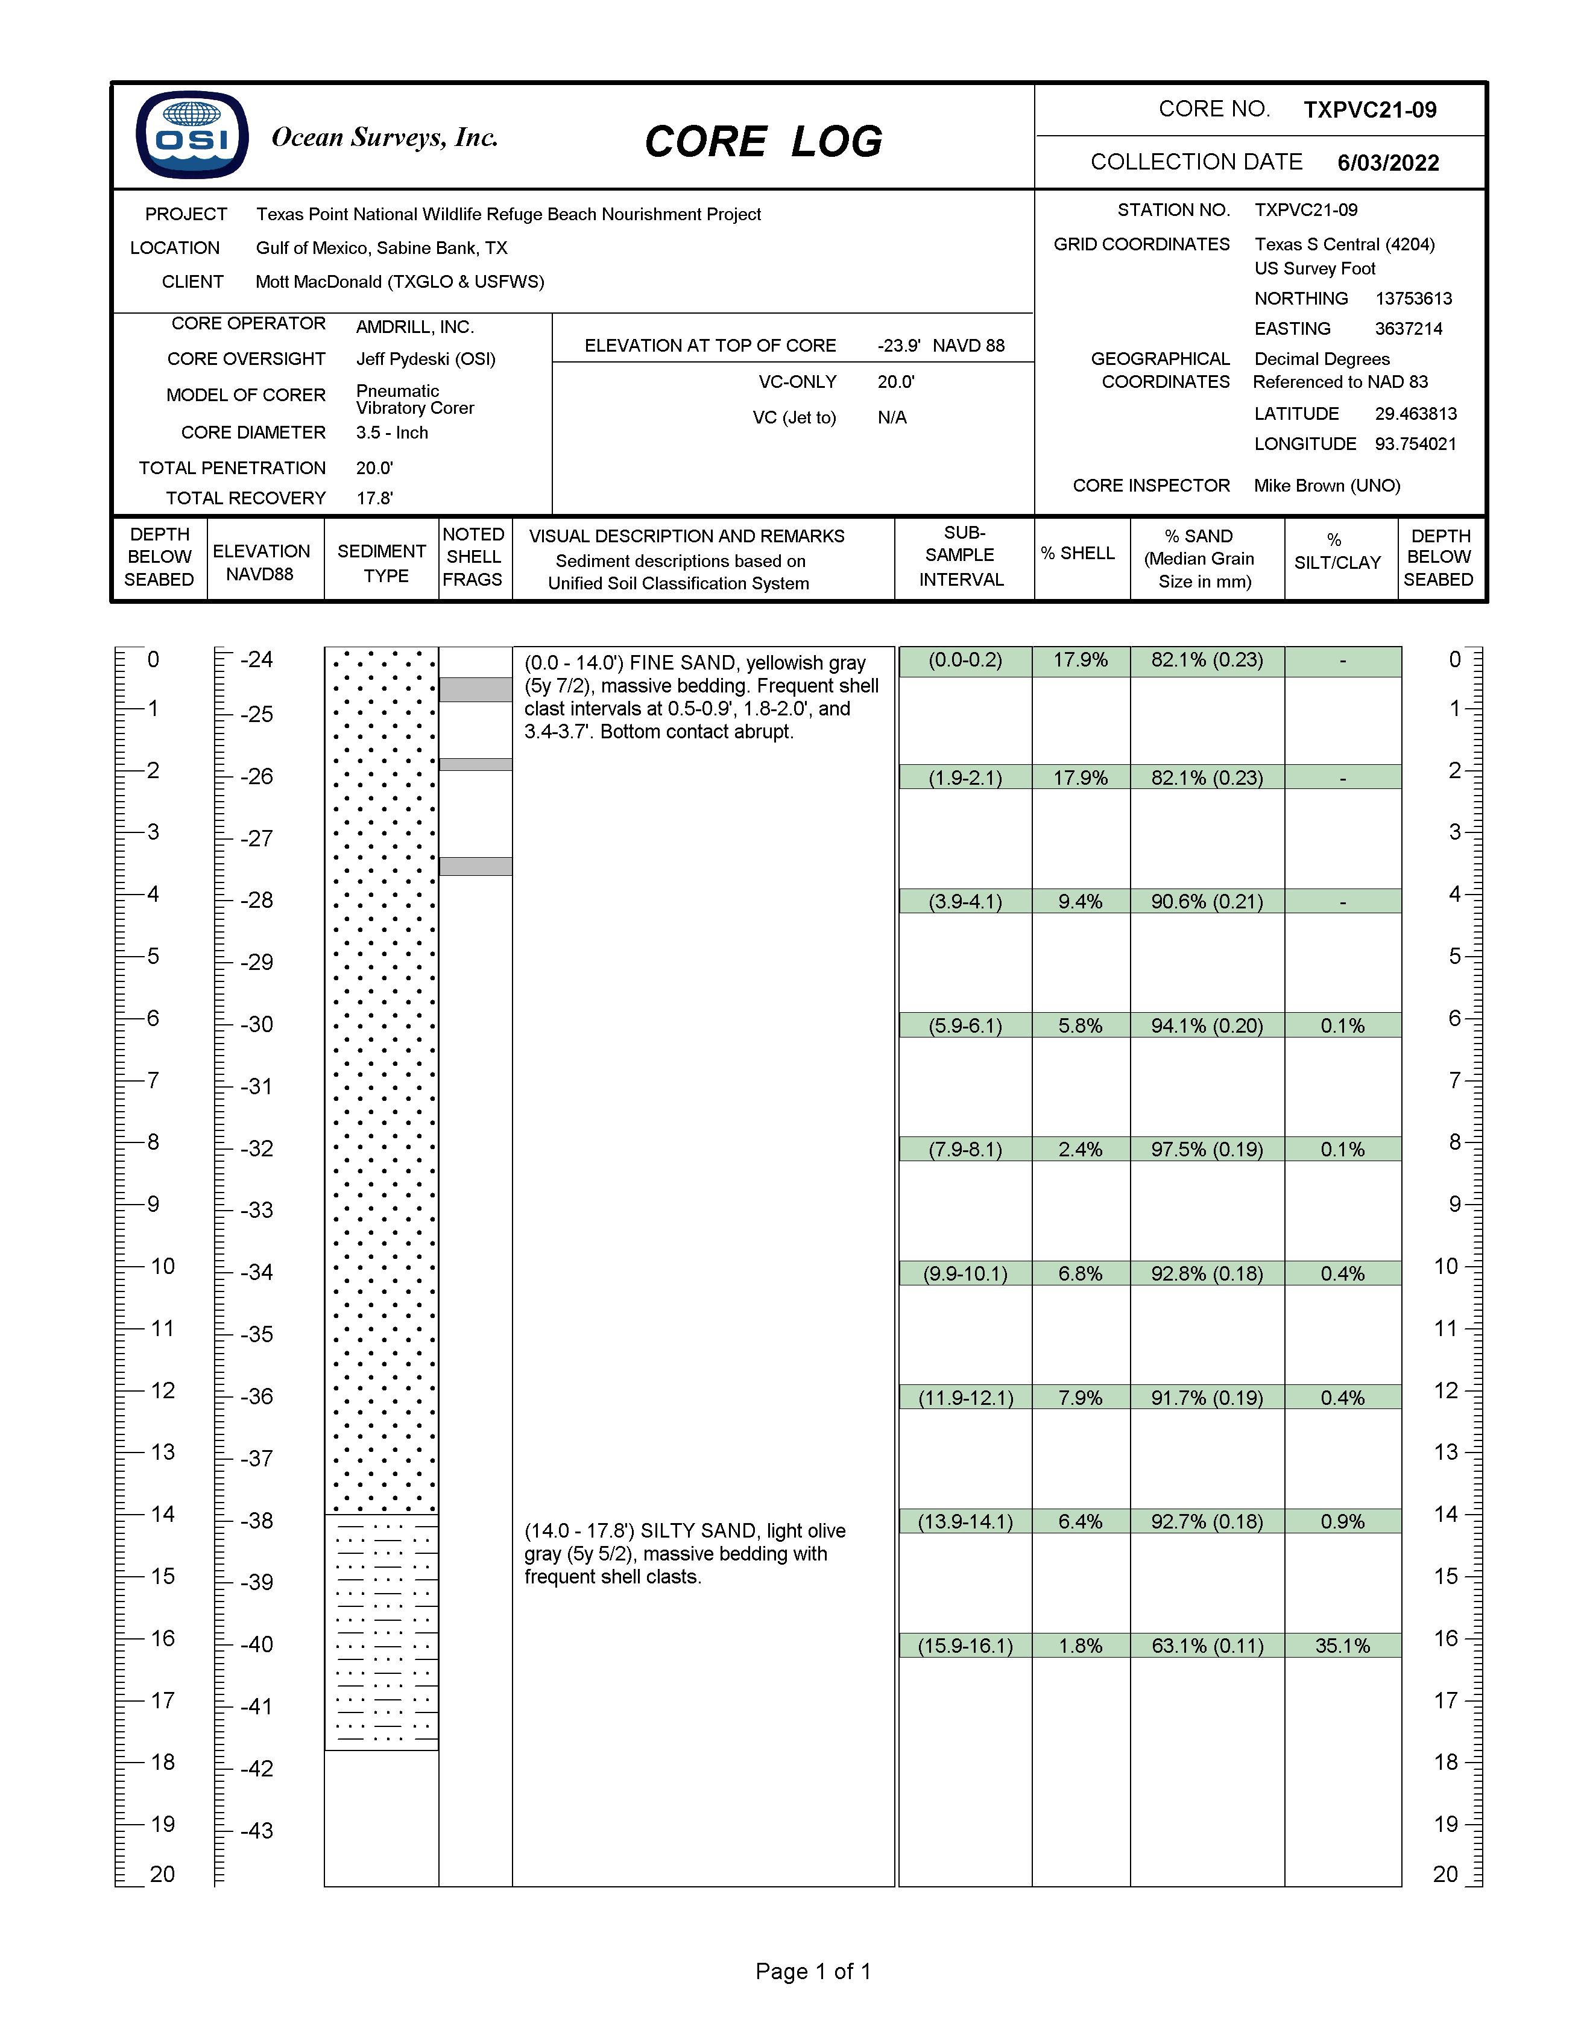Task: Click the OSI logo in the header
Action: [x=192, y=135]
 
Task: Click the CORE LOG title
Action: [x=763, y=142]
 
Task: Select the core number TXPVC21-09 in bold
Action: [x=1369, y=110]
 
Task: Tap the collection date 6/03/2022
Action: [x=1387, y=163]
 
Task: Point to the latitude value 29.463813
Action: [x=1415, y=414]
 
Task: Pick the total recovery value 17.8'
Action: [x=374, y=498]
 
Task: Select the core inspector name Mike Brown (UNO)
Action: [x=1327, y=485]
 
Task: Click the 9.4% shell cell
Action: [x=1080, y=902]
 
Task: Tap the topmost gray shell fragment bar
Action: [x=476, y=689]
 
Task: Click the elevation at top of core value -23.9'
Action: [x=898, y=346]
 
